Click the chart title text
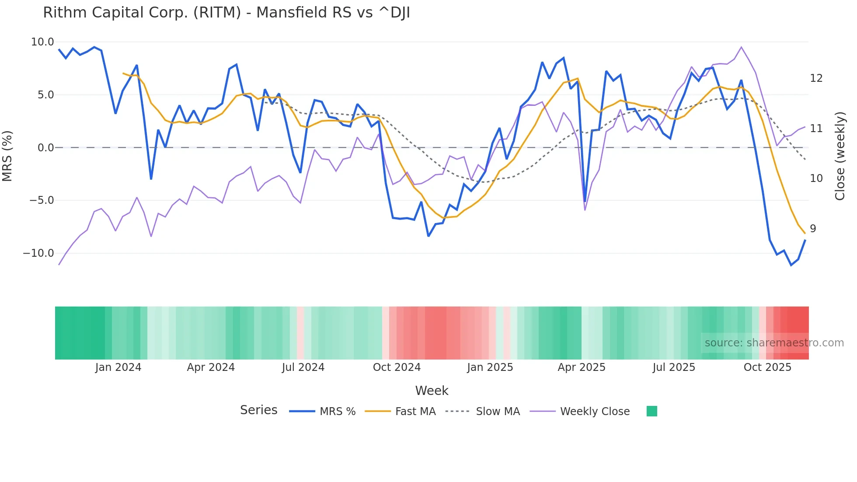click(x=226, y=13)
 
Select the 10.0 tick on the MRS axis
click(x=42, y=42)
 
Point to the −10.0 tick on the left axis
click(x=38, y=253)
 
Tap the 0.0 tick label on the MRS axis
click(x=45, y=148)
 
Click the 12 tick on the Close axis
click(x=816, y=78)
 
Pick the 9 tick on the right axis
click(x=812, y=229)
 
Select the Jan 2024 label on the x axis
click(x=118, y=367)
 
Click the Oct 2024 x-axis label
click(x=397, y=367)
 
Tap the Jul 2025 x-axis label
click(x=674, y=367)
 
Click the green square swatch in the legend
click(x=651, y=411)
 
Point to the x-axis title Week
click(x=432, y=391)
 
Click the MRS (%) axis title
click(x=7, y=156)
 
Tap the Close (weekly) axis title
click(x=840, y=156)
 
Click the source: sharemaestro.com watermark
click(x=774, y=343)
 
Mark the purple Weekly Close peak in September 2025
click(x=741, y=47)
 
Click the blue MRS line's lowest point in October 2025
click(x=791, y=265)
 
